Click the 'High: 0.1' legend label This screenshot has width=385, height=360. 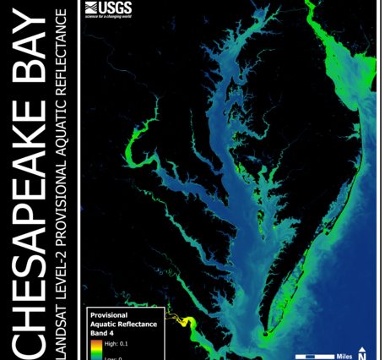pyautogui.click(x=116, y=344)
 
